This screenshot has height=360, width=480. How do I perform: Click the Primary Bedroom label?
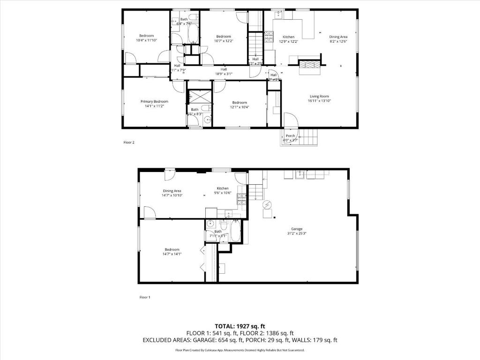(x=154, y=101)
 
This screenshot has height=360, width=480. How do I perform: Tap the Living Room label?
(x=319, y=96)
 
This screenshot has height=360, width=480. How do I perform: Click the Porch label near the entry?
(x=290, y=136)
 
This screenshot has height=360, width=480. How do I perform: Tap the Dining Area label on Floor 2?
(x=338, y=37)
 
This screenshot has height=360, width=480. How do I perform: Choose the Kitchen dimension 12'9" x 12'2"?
(x=288, y=42)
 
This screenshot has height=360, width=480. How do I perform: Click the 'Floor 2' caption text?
(x=129, y=142)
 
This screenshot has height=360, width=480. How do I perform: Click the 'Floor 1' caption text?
(x=145, y=297)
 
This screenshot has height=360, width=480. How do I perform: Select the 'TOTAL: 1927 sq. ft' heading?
(x=240, y=326)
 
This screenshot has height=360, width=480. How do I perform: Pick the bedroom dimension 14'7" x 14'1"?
(x=172, y=254)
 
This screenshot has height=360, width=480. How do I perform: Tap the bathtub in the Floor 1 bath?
(x=235, y=231)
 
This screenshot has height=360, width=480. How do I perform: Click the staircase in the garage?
(x=255, y=192)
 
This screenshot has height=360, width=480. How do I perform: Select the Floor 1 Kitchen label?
(x=223, y=188)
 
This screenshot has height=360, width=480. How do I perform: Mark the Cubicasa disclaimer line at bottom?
(x=240, y=350)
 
